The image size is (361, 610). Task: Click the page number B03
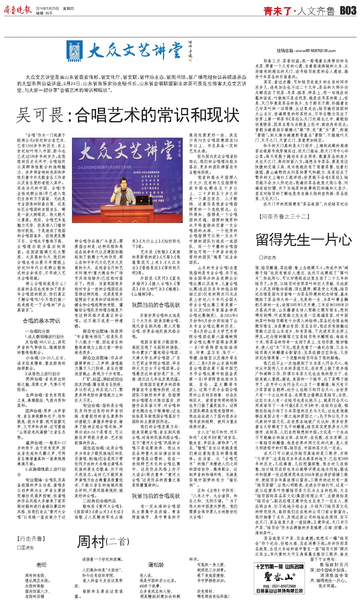[x=348, y=11]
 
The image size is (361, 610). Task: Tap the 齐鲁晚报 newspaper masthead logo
[x=18, y=10]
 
